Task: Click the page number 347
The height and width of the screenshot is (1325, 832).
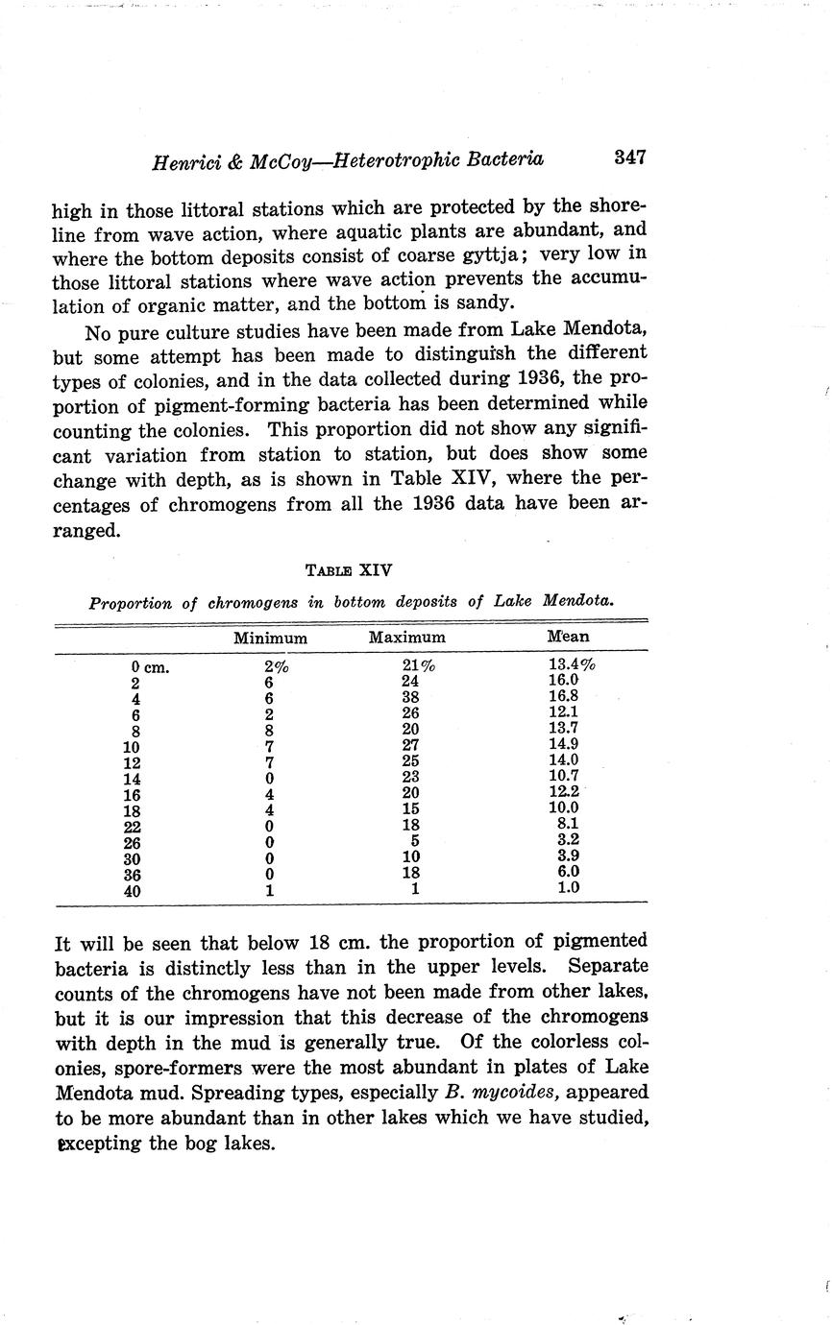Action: pos(628,157)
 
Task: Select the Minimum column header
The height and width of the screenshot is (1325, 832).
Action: pos(270,638)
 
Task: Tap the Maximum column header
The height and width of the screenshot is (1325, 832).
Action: pos(407,638)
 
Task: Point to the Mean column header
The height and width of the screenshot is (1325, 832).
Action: pos(568,637)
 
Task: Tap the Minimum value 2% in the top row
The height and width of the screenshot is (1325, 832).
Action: pos(276,665)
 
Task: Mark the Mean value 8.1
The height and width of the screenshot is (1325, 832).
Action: pos(567,824)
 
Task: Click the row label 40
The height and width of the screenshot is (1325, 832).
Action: pos(133,891)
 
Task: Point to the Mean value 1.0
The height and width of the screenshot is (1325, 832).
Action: pos(568,888)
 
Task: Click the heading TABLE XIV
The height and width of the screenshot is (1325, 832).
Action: pos(349,569)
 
